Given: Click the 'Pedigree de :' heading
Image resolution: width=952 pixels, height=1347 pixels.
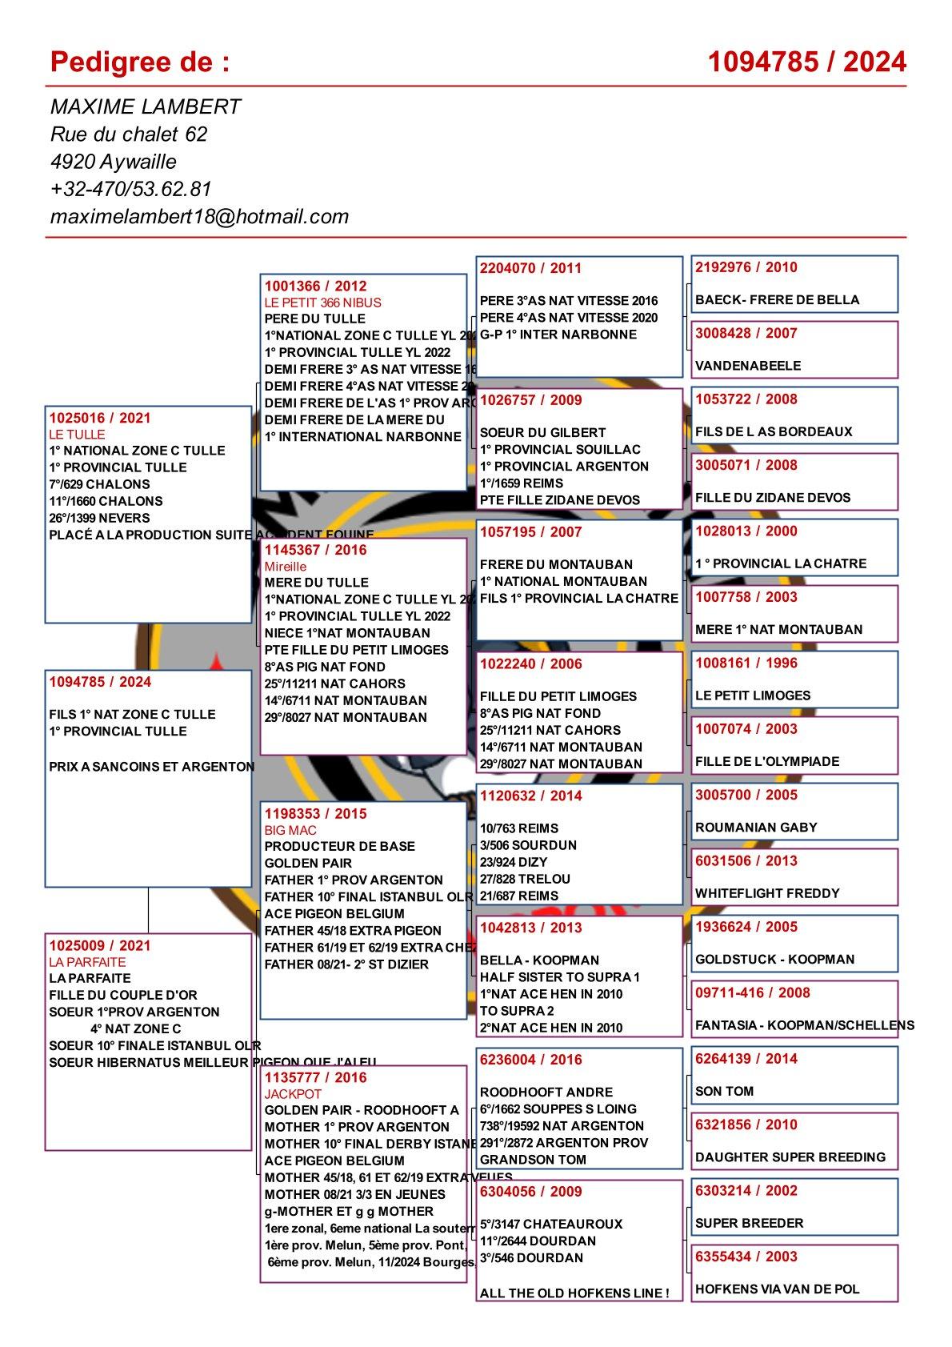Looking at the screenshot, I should (140, 62).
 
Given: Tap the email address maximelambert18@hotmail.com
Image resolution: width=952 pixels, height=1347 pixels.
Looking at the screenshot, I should (199, 216).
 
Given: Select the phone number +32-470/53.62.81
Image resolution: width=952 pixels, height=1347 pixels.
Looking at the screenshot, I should (130, 189).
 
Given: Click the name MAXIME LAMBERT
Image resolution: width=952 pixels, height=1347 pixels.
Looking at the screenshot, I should (146, 106).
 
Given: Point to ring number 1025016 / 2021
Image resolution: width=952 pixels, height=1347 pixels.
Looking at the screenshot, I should (100, 418).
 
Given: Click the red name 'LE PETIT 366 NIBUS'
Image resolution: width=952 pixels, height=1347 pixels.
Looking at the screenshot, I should (323, 303).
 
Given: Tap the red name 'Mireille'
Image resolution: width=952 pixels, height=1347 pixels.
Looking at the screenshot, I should (286, 567).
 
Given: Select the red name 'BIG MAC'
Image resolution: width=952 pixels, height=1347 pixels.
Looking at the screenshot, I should (290, 830).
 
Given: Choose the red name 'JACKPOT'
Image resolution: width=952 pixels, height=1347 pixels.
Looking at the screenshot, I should (293, 1093).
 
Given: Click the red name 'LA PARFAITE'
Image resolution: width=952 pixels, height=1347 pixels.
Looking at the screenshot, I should (87, 962).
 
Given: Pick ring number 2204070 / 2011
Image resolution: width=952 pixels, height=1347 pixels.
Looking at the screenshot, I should (530, 268).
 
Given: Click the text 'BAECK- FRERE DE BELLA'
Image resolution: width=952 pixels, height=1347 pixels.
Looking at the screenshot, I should (777, 300).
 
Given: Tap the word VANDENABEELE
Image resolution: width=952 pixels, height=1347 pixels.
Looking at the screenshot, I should (748, 366).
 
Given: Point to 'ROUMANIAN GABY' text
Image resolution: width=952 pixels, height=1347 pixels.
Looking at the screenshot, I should (756, 828).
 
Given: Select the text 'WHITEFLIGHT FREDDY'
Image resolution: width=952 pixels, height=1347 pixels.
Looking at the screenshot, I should (767, 893).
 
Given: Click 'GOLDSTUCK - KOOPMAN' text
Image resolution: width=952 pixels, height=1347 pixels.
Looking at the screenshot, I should (774, 960).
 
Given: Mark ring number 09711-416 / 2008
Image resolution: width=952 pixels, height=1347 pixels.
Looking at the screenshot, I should (752, 993).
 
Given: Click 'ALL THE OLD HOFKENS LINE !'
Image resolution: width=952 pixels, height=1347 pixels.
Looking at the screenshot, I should (574, 1293).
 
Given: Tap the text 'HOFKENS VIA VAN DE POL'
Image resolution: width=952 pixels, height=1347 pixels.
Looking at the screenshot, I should (777, 1289).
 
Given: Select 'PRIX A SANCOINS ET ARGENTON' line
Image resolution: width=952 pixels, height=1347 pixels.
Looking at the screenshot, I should (152, 767).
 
